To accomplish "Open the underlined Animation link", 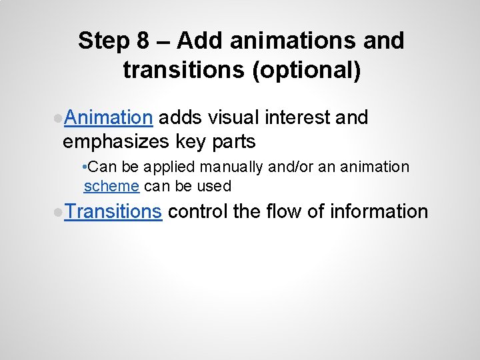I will point(109,118).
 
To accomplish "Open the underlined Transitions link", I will point(113,212).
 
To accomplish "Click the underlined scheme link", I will point(111,186).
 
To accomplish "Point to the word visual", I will point(233,118).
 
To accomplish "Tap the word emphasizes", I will point(116,142).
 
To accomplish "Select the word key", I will point(193,142).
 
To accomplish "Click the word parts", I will point(234,142).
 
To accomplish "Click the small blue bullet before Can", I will point(81,166).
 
